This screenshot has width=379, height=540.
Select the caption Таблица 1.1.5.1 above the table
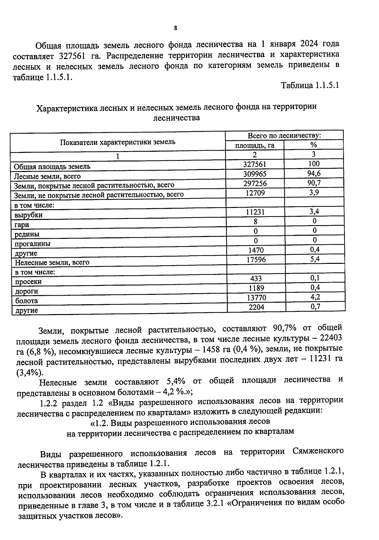tap(310, 85)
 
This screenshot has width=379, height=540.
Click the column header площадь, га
tap(255, 145)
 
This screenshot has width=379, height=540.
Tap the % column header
tap(314, 145)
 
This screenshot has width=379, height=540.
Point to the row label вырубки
tap(28, 215)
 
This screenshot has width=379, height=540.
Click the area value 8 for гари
tap(255, 222)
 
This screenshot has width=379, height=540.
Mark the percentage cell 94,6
tap(314, 173)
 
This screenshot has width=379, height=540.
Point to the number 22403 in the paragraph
tap(331, 338)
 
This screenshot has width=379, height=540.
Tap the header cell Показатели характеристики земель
tap(117, 142)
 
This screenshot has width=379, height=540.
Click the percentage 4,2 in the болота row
tap(315, 297)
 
